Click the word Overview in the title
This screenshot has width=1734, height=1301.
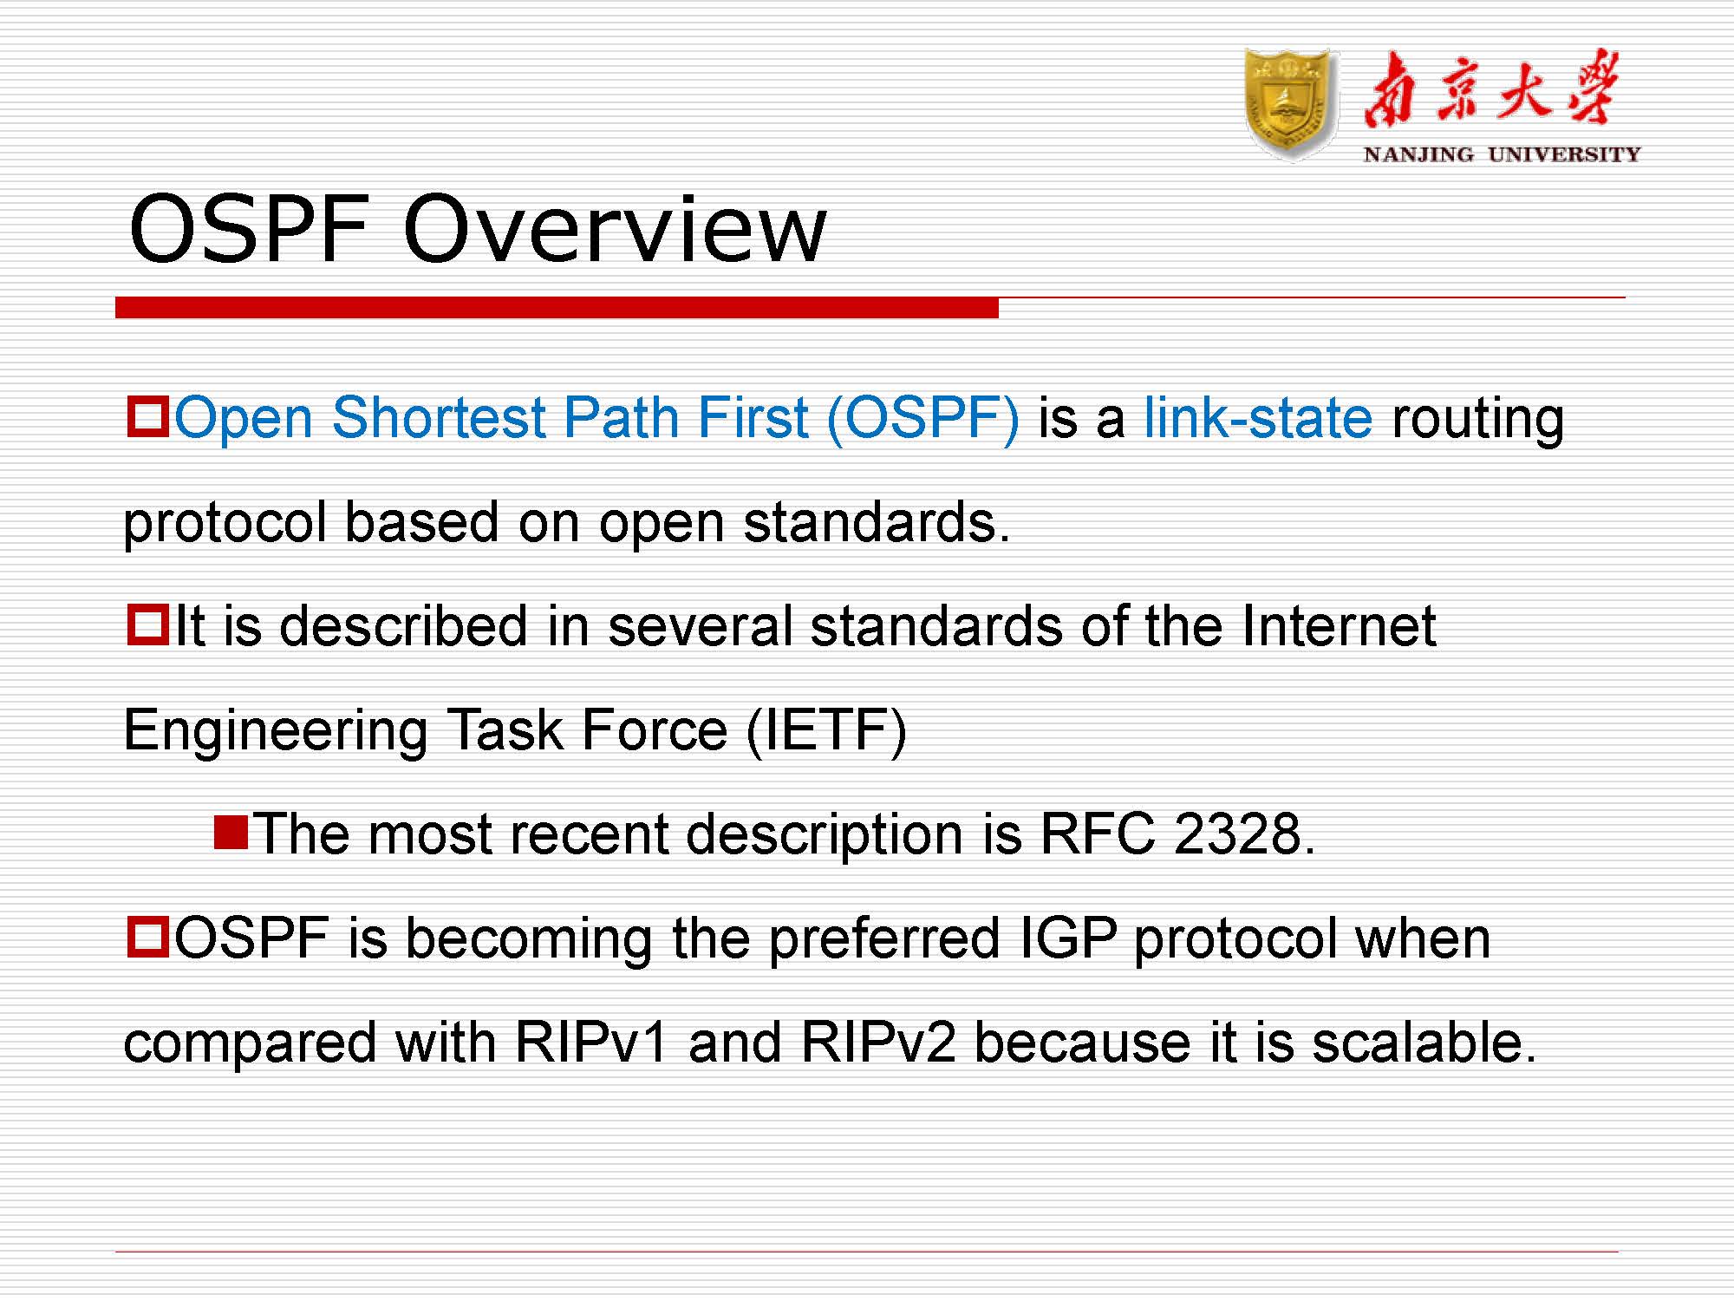click(615, 230)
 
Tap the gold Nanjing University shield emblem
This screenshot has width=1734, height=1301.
click(1290, 104)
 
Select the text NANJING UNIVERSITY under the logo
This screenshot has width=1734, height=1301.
click(1502, 155)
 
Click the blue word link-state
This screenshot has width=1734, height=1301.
click(1258, 418)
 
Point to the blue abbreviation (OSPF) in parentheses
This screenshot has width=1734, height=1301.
click(922, 418)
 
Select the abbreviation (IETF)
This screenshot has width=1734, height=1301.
click(826, 730)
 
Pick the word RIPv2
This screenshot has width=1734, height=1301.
click(878, 1043)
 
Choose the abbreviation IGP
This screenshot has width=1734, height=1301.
click(1067, 938)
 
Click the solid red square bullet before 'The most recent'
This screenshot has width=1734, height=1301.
click(231, 833)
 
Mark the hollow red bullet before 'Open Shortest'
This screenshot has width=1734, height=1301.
click(147, 416)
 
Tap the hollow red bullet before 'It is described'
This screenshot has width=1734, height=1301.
click(147, 624)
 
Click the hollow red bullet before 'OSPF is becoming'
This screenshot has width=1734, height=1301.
click(147, 937)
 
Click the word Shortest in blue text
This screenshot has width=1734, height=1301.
click(439, 418)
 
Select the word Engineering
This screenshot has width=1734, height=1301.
click(276, 730)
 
